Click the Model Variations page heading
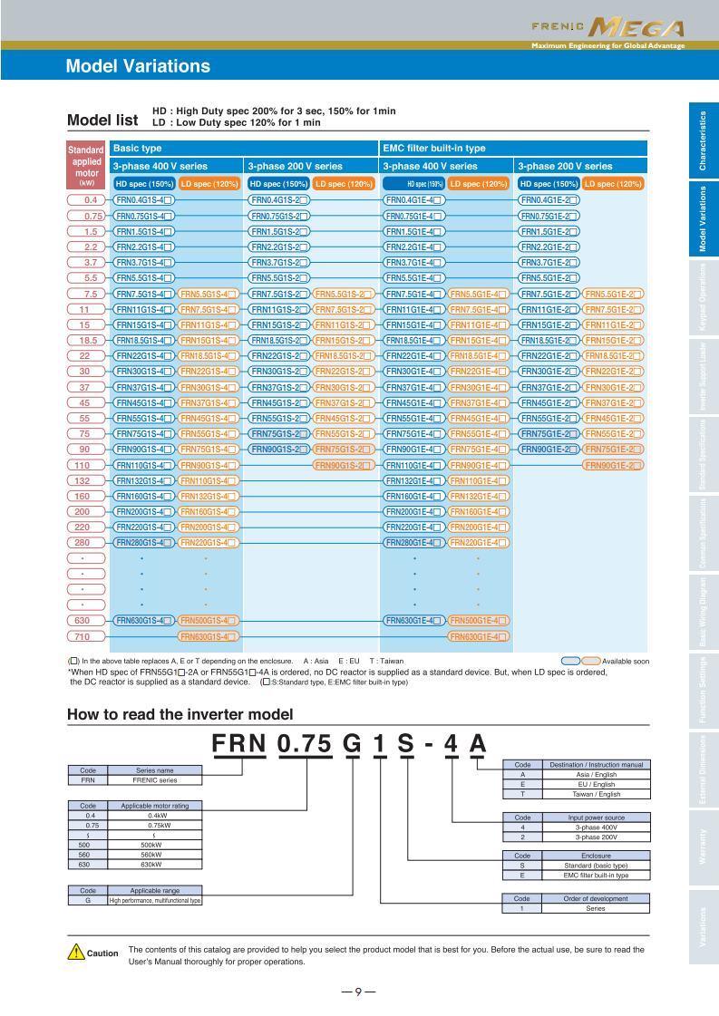(138, 66)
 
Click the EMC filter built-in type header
(434, 148)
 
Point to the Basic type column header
(137, 148)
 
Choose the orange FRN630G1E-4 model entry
(479, 636)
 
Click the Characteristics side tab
(703, 141)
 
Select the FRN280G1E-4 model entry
(413, 543)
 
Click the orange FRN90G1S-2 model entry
(344, 465)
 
